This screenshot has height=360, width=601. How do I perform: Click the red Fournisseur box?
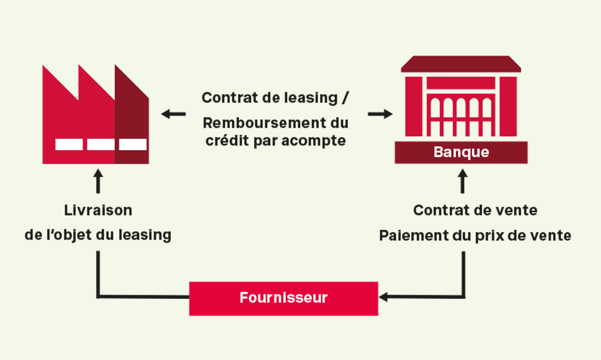point(283,298)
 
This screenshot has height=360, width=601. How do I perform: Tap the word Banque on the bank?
point(461,152)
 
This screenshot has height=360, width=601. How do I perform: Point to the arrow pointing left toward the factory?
point(173,114)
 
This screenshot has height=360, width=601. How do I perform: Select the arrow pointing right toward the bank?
point(380,114)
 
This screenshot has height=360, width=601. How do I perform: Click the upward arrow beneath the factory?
point(98,181)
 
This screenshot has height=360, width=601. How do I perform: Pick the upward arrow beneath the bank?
point(462,181)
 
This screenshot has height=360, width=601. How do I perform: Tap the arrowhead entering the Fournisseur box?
point(383,297)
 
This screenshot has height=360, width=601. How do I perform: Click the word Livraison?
point(98,210)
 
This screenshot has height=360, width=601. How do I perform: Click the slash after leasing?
point(345,98)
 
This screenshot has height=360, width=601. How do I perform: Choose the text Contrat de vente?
point(475,210)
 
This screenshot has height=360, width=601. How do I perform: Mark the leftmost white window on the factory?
point(69,144)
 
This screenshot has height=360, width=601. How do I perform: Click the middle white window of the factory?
point(101,144)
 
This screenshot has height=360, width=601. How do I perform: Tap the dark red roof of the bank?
point(461,64)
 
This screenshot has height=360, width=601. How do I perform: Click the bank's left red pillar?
point(414,107)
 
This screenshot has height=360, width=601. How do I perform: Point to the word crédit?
point(227,141)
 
